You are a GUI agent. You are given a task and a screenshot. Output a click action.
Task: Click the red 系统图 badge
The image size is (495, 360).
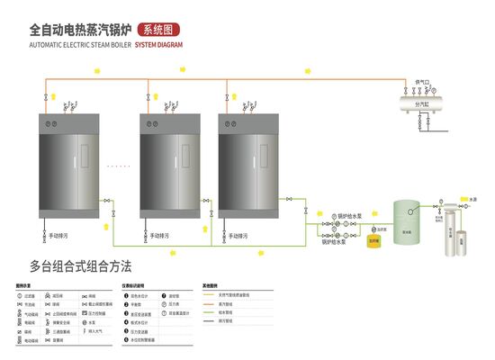point(166,29)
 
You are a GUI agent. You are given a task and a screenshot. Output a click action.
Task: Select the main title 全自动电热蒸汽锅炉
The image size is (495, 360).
point(83,29)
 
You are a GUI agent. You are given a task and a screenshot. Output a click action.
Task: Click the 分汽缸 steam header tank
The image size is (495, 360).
point(420,103)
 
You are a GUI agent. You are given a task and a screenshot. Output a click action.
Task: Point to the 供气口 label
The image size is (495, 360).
point(419,82)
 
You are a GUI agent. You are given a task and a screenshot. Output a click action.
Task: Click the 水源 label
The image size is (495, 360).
point(473,198)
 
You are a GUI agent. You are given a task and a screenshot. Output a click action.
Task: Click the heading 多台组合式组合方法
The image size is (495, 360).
point(80,266)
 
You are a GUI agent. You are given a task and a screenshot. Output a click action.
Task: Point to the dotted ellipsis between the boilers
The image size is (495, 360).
point(118,166)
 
